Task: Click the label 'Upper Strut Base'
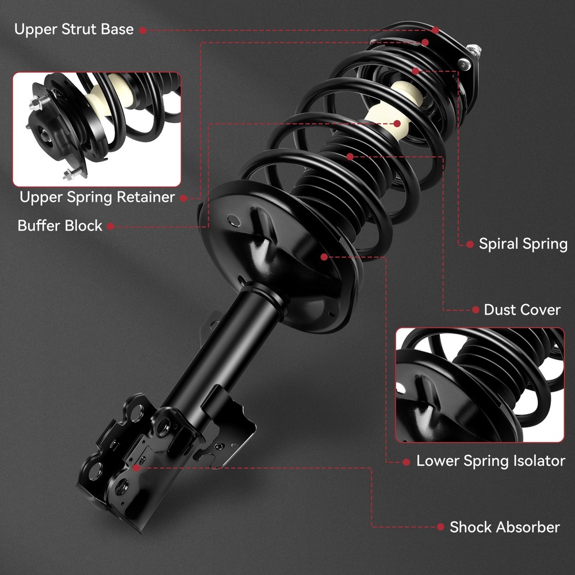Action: click(x=74, y=29)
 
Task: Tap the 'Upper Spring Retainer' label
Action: click(x=97, y=197)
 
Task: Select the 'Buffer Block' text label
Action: click(x=60, y=225)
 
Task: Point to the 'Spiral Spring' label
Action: click(x=523, y=244)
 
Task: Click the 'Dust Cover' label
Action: click(x=522, y=310)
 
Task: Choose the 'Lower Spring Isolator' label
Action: click(x=490, y=461)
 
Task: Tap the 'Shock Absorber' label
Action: click(x=505, y=527)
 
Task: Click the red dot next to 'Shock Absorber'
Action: click(x=440, y=527)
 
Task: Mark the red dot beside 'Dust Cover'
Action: click(x=476, y=310)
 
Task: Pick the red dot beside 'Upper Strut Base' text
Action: click(x=143, y=30)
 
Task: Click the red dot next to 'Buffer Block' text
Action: click(x=110, y=227)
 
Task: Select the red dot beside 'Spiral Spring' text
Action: click(x=470, y=244)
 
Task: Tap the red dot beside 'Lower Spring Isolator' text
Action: click(x=406, y=462)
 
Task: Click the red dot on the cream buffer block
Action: click(x=397, y=124)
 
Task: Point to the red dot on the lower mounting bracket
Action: click(x=136, y=468)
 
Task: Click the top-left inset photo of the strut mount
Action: click(x=97, y=129)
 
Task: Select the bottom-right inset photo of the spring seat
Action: click(x=480, y=385)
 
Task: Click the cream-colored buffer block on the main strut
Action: click(x=394, y=110)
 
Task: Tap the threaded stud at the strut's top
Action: click(x=474, y=50)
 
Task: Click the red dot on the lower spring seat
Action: click(x=324, y=256)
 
